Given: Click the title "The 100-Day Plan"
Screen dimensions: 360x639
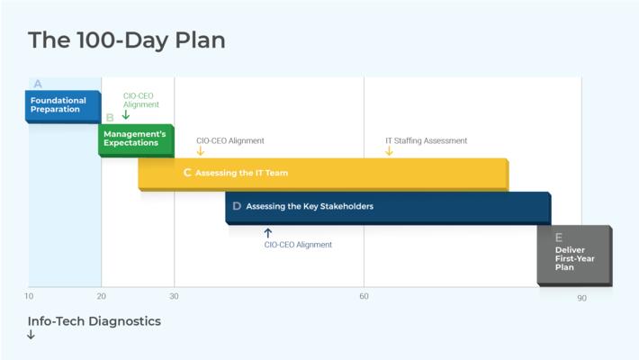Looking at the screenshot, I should pos(126,40).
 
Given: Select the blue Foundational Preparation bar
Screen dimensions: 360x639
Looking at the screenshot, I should pos(62,104).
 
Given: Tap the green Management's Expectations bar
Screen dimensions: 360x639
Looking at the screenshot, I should pos(135,139).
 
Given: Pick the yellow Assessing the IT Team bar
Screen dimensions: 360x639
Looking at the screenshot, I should pos(322,173).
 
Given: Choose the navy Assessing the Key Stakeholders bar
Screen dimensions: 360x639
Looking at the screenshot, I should pos(387,206).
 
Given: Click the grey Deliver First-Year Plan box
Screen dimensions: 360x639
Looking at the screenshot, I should pos(574,255).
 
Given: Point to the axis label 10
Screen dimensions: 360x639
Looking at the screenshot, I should pos(30,296).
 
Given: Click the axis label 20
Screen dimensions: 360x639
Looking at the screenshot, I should pos(102,296).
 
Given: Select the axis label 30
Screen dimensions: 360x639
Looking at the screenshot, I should pos(174,296).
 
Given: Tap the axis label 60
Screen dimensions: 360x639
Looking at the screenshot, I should pos(364,296).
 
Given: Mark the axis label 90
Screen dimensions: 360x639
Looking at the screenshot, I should pos(581,298).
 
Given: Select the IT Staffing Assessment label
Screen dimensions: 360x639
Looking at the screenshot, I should pos(426,140).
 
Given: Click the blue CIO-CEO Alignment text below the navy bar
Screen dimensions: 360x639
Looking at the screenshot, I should pos(298,245).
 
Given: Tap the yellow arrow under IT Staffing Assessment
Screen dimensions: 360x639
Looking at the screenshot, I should pos(389,151).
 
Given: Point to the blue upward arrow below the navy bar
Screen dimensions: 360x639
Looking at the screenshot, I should pos(267,232).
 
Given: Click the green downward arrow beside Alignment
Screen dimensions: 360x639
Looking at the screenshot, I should pos(126,114).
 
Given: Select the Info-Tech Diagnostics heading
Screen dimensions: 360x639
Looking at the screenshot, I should pos(94,320).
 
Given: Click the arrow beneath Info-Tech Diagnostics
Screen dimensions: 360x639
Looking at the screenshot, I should pos(31,335).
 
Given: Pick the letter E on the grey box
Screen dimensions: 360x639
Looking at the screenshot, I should pos(559,238).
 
